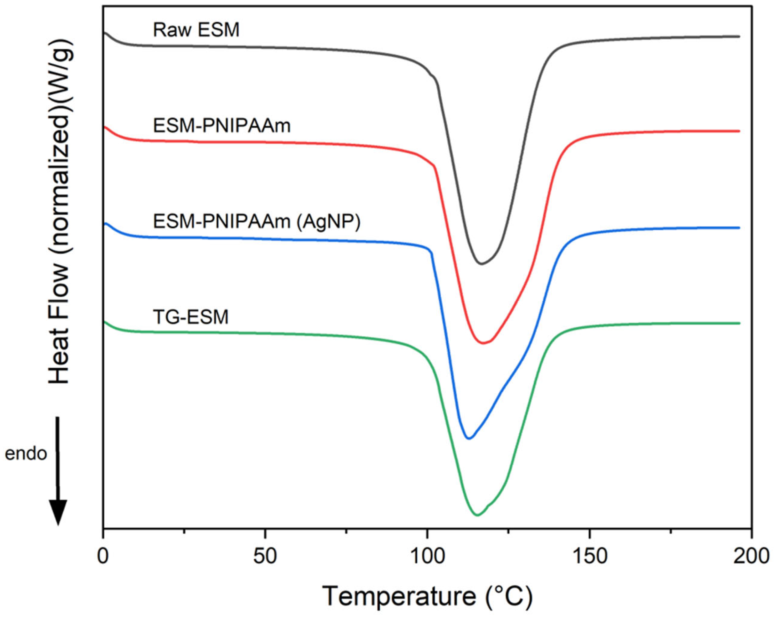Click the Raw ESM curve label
[196, 30]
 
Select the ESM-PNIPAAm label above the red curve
[221, 126]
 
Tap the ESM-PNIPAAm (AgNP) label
[256, 222]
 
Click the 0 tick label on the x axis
[103, 556]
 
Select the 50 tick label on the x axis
[265, 556]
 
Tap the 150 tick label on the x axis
[589, 556]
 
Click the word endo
[26, 454]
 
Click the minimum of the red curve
[483, 343]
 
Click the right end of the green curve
[739, 323]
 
